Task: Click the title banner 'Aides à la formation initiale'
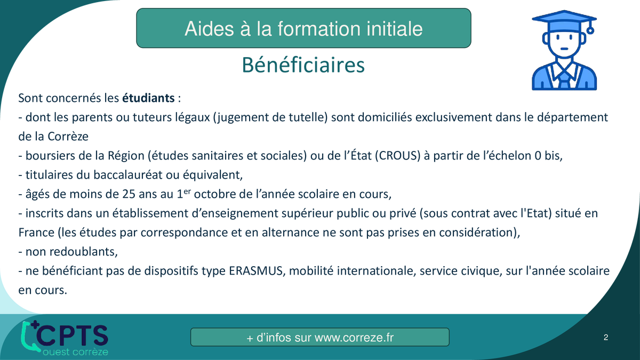coord(303,28)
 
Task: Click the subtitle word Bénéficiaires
coord(303,65)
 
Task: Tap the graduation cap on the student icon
coord(564,21)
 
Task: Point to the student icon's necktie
coord(564,79)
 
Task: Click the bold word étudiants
coord(148,98)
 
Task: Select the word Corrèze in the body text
coord(68,137)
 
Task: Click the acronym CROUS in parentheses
coord(398,156)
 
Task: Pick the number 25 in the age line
coord(129,194)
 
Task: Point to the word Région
coord(126,156)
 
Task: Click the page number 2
coord(606,338)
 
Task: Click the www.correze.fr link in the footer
coord(354,338)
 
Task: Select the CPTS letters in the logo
coord(72,335)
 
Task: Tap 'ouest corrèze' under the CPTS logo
coord(75,351)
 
